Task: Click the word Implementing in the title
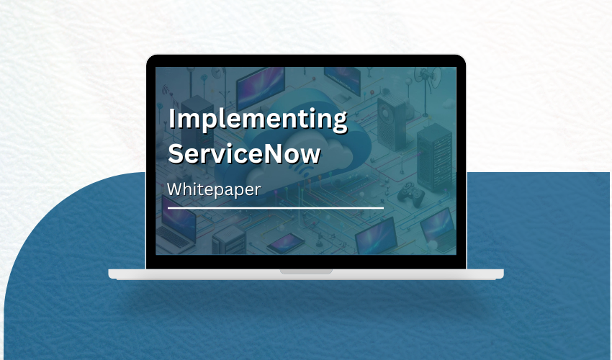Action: point(257,119)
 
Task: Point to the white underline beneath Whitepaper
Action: point(275,207)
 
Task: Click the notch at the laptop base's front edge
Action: point(306,271)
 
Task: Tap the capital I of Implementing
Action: point(171,119)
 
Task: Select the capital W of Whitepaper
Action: point(176,189)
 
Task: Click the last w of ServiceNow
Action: point(310,154)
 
